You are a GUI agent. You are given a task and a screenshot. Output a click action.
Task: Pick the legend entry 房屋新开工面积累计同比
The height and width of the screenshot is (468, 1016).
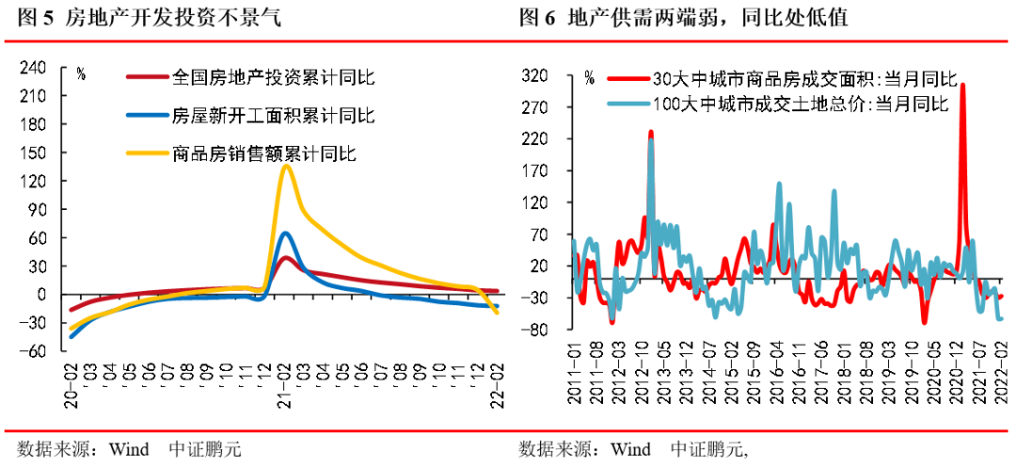[273, 116]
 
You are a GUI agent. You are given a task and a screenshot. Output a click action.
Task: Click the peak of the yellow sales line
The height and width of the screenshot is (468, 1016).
[286, 167]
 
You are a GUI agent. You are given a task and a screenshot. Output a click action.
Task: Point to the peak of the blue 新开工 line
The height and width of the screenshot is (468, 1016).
[285, 233]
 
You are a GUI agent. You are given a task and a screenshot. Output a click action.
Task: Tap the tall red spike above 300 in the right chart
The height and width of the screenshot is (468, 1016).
[962, 87]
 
